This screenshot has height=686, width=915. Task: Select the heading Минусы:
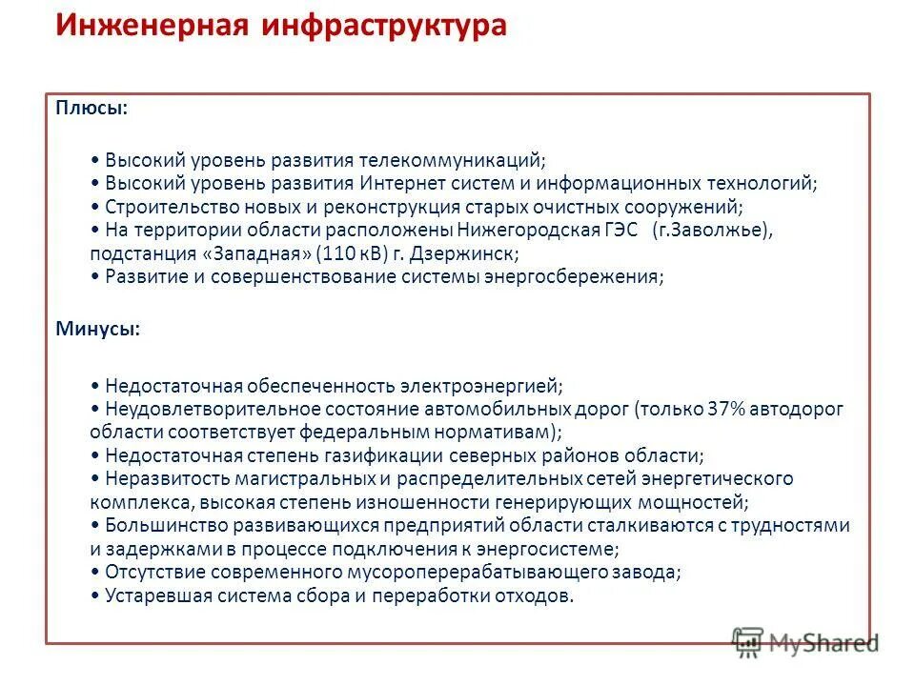97,329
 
